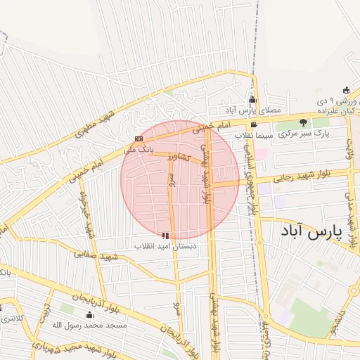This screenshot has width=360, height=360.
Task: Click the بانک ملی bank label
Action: point(138,150)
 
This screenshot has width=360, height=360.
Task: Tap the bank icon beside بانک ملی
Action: point(139,139)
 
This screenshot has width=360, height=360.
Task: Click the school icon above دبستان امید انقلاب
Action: point(166,236)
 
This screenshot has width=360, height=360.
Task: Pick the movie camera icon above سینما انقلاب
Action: point(254,124)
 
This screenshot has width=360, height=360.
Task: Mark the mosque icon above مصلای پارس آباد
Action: point(252,100)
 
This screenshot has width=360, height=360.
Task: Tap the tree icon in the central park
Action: point(304,122)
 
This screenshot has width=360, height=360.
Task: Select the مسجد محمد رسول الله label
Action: point(89,326)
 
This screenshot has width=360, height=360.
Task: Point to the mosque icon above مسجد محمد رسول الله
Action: point(89,315)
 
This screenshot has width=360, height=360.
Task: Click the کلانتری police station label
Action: point(9,319)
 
